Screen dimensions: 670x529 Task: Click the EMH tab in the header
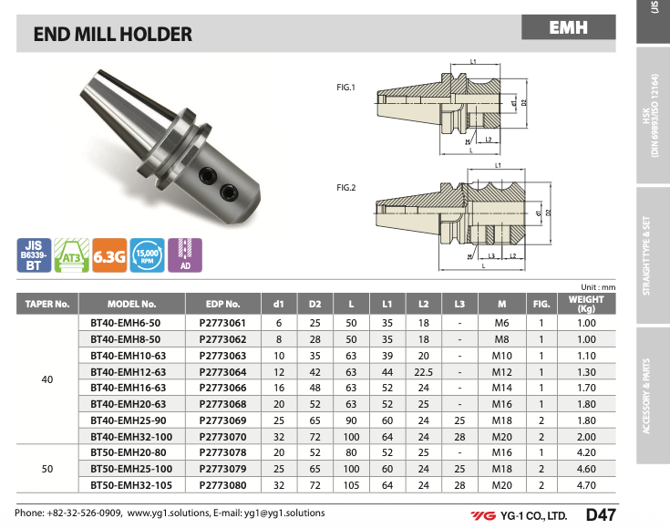tap(568, 27)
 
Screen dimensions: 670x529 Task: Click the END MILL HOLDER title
tap(113, 35)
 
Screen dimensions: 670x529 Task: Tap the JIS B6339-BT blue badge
tap(34, 255)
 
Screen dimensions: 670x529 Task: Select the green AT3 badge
tap(72, 255)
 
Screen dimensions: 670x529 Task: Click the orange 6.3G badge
tap(109, 255)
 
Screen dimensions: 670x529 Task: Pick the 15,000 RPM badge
tap(147, 255)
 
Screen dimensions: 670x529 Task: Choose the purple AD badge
tap(185, 255)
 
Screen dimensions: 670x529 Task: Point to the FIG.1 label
tap(345, 88)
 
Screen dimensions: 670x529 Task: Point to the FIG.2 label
tap(345, 187)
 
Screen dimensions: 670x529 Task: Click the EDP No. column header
tap(223, 304)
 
